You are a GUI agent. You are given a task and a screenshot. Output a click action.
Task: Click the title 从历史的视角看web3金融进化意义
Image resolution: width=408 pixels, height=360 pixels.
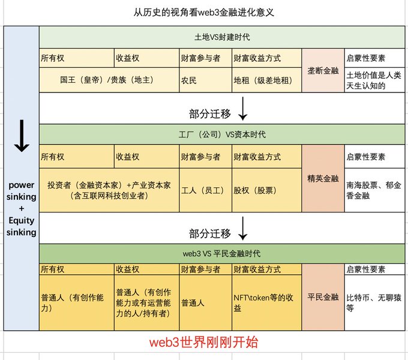204,12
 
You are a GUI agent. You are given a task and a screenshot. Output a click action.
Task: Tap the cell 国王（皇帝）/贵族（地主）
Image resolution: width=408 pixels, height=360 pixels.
109,80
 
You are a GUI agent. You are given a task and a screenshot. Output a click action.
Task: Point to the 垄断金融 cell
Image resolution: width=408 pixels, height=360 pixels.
323,70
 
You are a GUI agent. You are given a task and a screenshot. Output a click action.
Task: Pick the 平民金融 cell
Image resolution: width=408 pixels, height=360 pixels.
323,296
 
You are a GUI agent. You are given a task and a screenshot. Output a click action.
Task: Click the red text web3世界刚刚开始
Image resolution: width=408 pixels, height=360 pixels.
204,343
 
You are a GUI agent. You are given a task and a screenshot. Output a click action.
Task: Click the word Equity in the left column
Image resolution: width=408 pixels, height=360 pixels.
22,221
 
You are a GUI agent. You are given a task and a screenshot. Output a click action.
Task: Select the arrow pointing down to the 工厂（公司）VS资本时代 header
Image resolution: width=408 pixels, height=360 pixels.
242,109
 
